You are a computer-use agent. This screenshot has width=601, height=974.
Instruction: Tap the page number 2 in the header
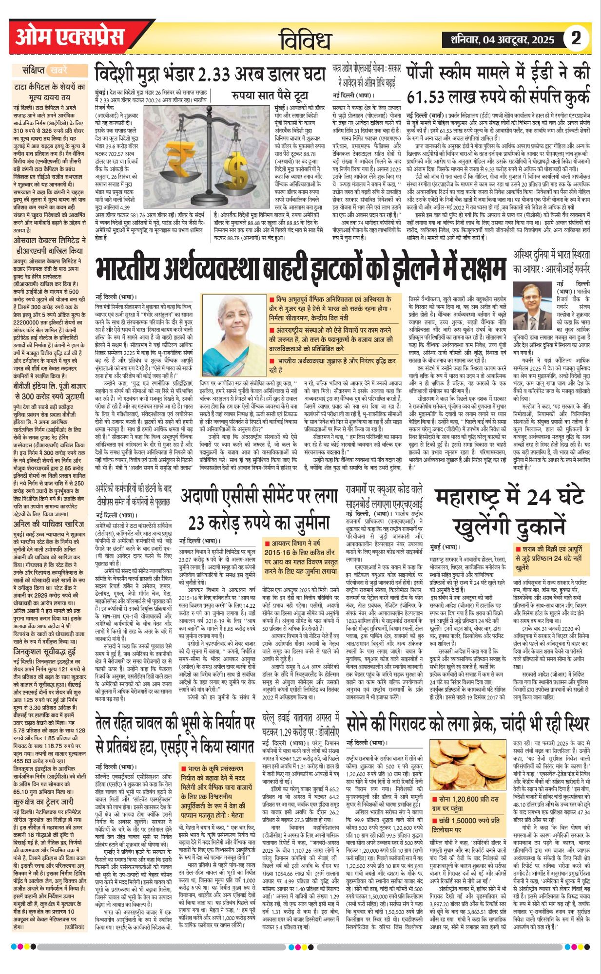click(x=576, y=38)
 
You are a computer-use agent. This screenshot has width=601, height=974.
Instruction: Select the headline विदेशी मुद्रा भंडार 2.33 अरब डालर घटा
click(x=210, y=75)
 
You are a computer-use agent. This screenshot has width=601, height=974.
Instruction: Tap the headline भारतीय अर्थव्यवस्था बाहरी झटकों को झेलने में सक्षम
click(x=300, y=268)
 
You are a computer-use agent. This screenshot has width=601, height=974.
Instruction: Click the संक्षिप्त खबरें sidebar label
click(x=47, y=70)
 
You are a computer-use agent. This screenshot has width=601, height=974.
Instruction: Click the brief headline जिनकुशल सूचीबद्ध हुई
click(x=45, y=651)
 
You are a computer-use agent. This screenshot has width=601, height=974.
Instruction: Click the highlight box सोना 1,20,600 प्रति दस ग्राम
click(x=468, y=803)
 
